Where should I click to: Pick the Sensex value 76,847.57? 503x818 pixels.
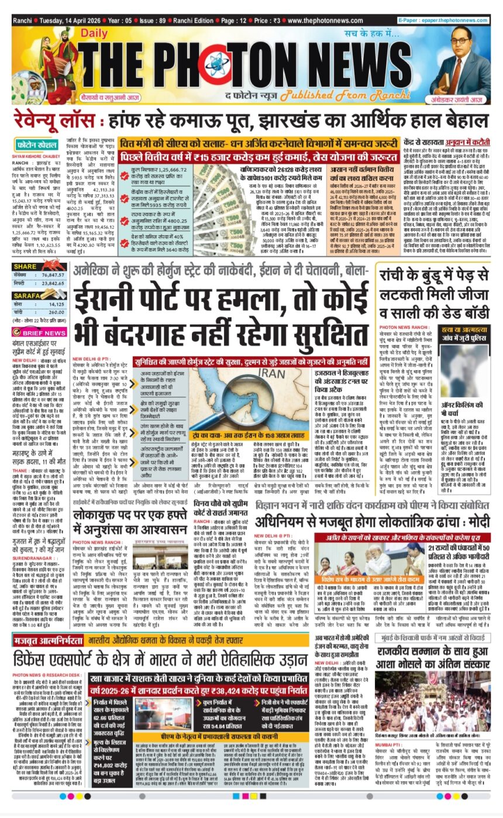[52, 274]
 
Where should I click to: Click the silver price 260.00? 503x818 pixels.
[56, 312]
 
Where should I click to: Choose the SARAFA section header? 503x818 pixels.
[27, 296]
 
